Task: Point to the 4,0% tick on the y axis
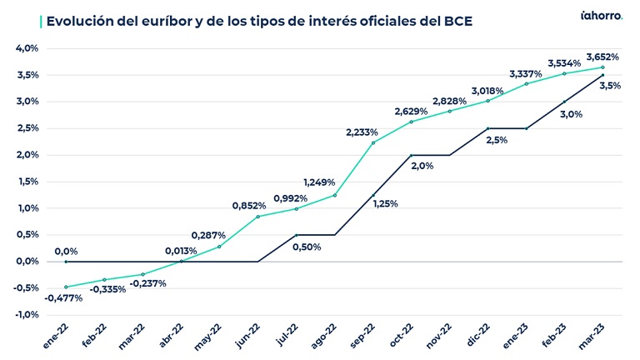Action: tap(27, 48)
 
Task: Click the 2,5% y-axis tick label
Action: tap(27, 128)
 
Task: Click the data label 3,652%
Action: tap(602, 57)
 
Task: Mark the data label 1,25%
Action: tap(384, 204)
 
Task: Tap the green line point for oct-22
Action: tap(411, 122)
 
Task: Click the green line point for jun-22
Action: tap(257, 217)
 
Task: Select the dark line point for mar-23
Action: tap(602, 75)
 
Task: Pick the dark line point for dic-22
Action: tap(487, 128)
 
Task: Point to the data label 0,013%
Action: tap(181, 251)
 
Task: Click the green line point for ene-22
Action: tap(66, 287)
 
